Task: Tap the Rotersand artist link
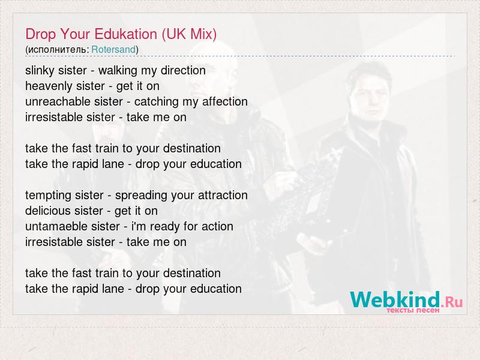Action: click(113, 49)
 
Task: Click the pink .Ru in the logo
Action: click(452, 302)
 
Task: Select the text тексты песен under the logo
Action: click(413, 310)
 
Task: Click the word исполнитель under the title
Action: click(58, 50)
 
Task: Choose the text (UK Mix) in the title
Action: click(189, 34)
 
